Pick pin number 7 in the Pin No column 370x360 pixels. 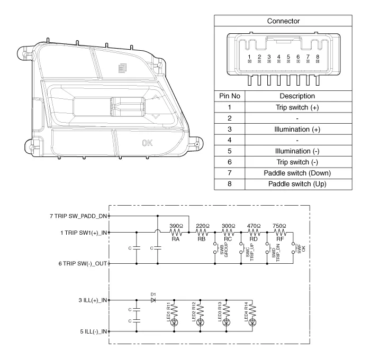230,173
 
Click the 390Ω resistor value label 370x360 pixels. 177,226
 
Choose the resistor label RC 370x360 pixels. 228,239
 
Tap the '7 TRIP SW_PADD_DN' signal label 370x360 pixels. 78,216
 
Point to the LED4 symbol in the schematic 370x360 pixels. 252,322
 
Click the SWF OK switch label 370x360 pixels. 301,248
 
